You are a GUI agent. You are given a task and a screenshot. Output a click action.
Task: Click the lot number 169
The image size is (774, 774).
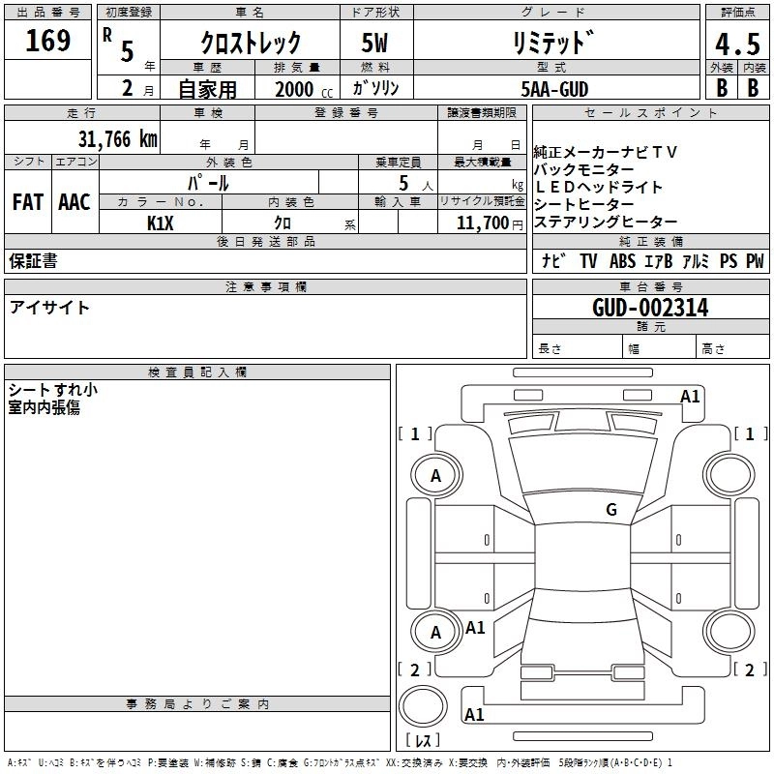coord(47,41)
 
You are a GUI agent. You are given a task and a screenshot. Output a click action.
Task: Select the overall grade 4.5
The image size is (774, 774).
coord(737,44)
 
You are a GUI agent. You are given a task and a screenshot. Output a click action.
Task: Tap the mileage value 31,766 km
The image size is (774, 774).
coord(117,139)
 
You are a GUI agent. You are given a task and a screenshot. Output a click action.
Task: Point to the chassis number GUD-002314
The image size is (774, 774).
coord(650,308)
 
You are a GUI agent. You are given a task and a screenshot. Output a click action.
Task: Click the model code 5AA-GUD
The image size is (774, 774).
coord(554,89)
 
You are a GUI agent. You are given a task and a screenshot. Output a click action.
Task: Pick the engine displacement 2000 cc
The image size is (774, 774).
coord(304,89)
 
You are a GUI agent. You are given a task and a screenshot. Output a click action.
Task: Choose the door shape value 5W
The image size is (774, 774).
coord(374,43)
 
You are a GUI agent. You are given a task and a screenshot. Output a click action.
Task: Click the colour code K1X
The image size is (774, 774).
coord(161,223)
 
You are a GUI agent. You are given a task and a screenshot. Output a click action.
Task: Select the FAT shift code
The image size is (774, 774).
coord(28,202)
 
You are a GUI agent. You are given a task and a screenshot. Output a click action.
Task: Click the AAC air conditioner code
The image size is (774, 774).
coord(74,202)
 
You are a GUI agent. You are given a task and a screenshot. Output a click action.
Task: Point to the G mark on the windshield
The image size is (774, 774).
coord(611,509)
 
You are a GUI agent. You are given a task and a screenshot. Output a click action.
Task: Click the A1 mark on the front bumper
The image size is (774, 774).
coord(690,397)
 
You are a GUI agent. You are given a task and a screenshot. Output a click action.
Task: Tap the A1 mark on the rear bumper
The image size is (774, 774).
coord(474,714)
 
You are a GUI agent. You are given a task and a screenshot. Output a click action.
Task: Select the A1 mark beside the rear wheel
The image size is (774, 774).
coord(475,627)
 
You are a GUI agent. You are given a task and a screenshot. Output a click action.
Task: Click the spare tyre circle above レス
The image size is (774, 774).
coord(423,706)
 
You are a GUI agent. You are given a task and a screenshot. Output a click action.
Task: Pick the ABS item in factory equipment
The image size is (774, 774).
coord(622,260)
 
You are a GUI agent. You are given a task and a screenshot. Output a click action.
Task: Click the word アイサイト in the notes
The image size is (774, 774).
coord(49,308)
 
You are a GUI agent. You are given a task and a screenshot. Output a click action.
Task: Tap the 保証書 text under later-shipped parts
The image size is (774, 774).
coord(33,260)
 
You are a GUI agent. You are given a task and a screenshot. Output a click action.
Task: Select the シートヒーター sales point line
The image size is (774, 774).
coord(584,204)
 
